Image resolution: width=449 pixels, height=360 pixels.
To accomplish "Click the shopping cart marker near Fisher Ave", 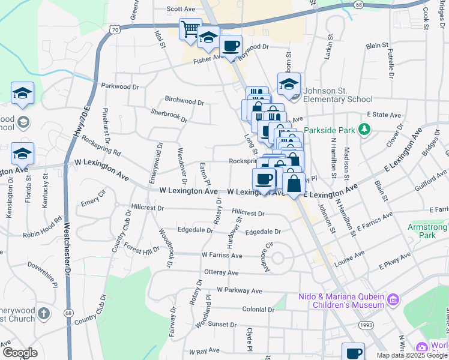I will coord(190,30).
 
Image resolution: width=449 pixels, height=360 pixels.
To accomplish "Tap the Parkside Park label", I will coord(330,130).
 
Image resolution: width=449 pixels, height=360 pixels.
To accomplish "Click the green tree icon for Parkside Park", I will coord(363,129).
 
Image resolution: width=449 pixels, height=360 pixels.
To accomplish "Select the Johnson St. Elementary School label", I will coord(338,95).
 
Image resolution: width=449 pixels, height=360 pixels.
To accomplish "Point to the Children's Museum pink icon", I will coord(393,299).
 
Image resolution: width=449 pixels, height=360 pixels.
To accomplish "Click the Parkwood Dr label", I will coord(120,86).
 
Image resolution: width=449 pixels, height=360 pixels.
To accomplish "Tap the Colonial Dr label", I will coord(258,310).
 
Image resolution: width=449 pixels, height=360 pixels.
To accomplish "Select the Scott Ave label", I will coord(181,9).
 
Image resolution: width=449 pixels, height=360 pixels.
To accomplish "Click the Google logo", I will coord(20,353).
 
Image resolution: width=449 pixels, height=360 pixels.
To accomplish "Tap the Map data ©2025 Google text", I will coord(412,355).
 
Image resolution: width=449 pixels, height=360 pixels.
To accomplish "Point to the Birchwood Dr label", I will coord(184,101).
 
